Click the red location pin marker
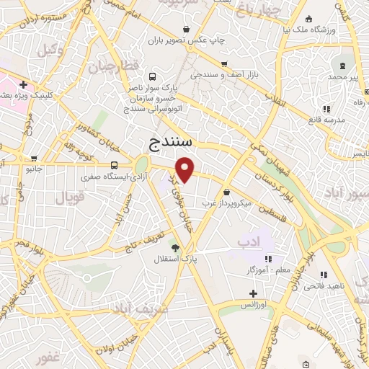click(186, 170)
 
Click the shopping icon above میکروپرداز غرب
click(227, 192)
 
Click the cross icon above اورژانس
click(253, 293)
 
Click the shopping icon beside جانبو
click(33, 159)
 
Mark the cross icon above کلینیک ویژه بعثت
click(24, 84)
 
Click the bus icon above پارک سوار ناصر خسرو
click(151, 76)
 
